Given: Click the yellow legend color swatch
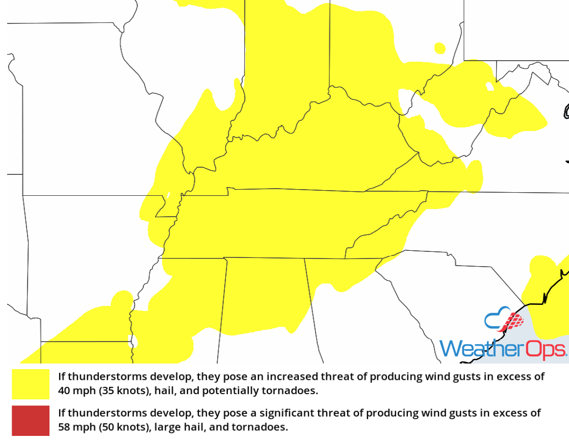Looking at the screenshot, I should (x=31, y=384).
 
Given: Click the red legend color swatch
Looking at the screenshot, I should (x=31, y=420).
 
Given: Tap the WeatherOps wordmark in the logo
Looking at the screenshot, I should (x=503, y=349).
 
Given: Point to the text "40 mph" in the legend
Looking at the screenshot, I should (x=74, y=392).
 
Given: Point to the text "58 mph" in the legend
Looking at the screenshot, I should (x=74, y=427).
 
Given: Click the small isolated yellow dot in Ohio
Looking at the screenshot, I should (x=439, y=48).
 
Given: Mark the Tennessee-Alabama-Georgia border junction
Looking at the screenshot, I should (x=305, y=258).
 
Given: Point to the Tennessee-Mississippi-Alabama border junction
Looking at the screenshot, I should (x=224, y=257).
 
